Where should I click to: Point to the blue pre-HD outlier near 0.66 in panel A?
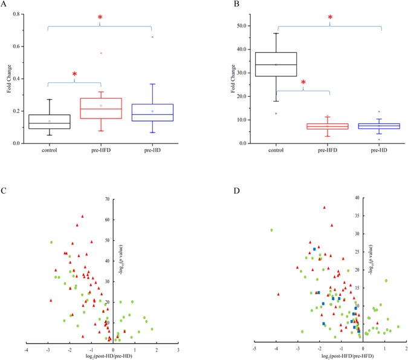point(152,37)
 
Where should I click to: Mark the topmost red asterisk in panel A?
point(100,19)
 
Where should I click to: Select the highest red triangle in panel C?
point(82,216)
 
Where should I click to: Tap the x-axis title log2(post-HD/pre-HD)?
point(100,358)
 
